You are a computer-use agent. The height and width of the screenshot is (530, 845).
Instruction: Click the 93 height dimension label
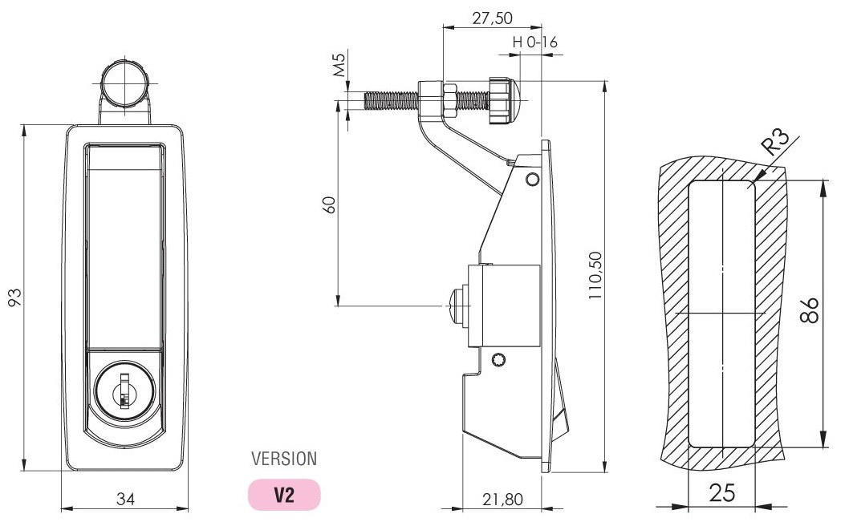(15, 297)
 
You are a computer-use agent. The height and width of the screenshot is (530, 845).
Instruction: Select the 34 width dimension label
(125, 500)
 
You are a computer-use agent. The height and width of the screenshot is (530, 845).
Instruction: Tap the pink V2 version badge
(284, 495)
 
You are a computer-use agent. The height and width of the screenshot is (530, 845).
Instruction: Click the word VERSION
(284, 459)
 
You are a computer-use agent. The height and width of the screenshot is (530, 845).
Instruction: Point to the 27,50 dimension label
(492, 18)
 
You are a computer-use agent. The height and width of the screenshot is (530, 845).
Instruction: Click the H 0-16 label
(534, 42)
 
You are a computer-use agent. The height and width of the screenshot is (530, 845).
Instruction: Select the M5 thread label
(339, 63)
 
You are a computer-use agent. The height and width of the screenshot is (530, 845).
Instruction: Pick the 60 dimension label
(329, 204)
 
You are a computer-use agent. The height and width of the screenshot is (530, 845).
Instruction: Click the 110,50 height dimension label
(595, 276)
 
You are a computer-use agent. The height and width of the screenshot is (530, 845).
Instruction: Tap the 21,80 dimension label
(502, 500)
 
